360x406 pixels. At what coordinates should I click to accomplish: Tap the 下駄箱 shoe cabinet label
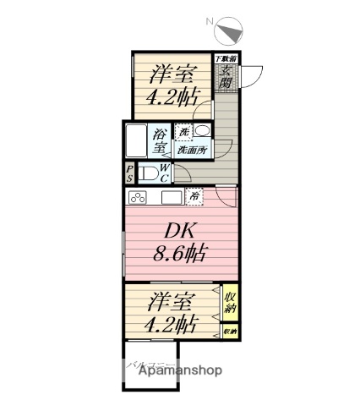226,59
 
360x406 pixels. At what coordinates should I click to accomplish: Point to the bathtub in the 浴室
138,142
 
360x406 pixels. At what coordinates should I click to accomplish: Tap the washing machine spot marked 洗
183,133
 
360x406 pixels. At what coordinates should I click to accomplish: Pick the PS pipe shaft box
129,174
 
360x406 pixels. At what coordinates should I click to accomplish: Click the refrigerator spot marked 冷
194,196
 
